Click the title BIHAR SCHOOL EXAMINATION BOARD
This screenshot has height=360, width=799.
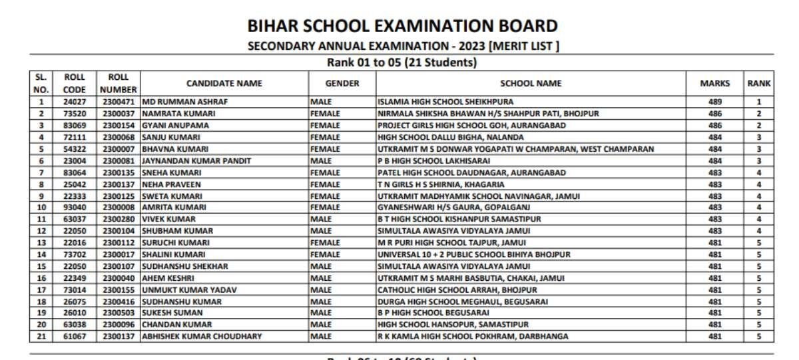coord(402,26)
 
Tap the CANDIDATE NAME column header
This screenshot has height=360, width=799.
coord(224,83)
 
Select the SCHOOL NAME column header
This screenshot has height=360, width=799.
coord(531,83)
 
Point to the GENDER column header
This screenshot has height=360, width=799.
coord(342,83)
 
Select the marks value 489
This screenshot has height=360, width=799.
coord(714,102)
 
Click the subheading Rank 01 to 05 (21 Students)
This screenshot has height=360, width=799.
coord(401,63)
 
